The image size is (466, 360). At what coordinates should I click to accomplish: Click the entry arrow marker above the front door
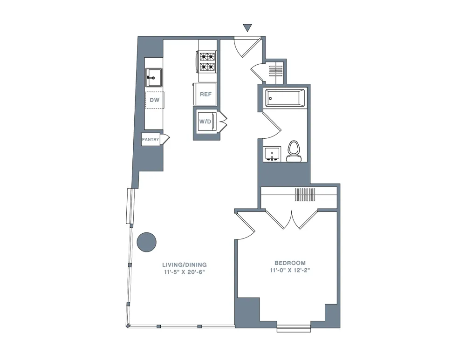point(248,28)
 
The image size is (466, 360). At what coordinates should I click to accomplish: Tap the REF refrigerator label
point(206,94)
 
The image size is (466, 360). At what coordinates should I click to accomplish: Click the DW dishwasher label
point(155,100)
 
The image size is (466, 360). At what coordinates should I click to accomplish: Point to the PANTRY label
point(151,139)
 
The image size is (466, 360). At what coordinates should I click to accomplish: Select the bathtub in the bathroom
point(284,98)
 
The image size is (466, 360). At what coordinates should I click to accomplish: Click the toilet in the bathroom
point(294,151)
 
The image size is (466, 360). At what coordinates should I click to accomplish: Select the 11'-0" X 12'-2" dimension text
point(290,270)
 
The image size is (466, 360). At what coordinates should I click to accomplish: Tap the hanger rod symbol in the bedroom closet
point(305,194)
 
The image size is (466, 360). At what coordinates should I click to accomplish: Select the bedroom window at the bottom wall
point(294,328)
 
